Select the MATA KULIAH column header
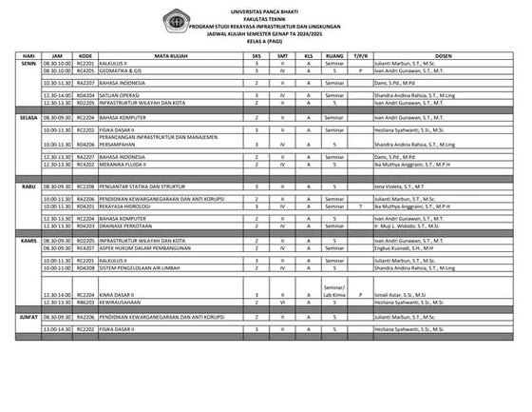(x=168, y=56)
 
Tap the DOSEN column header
(x=441, y=56)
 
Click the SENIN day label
(x=28, y=64)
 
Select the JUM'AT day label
(x=28, y=314)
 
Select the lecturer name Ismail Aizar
(x=402, y=295)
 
